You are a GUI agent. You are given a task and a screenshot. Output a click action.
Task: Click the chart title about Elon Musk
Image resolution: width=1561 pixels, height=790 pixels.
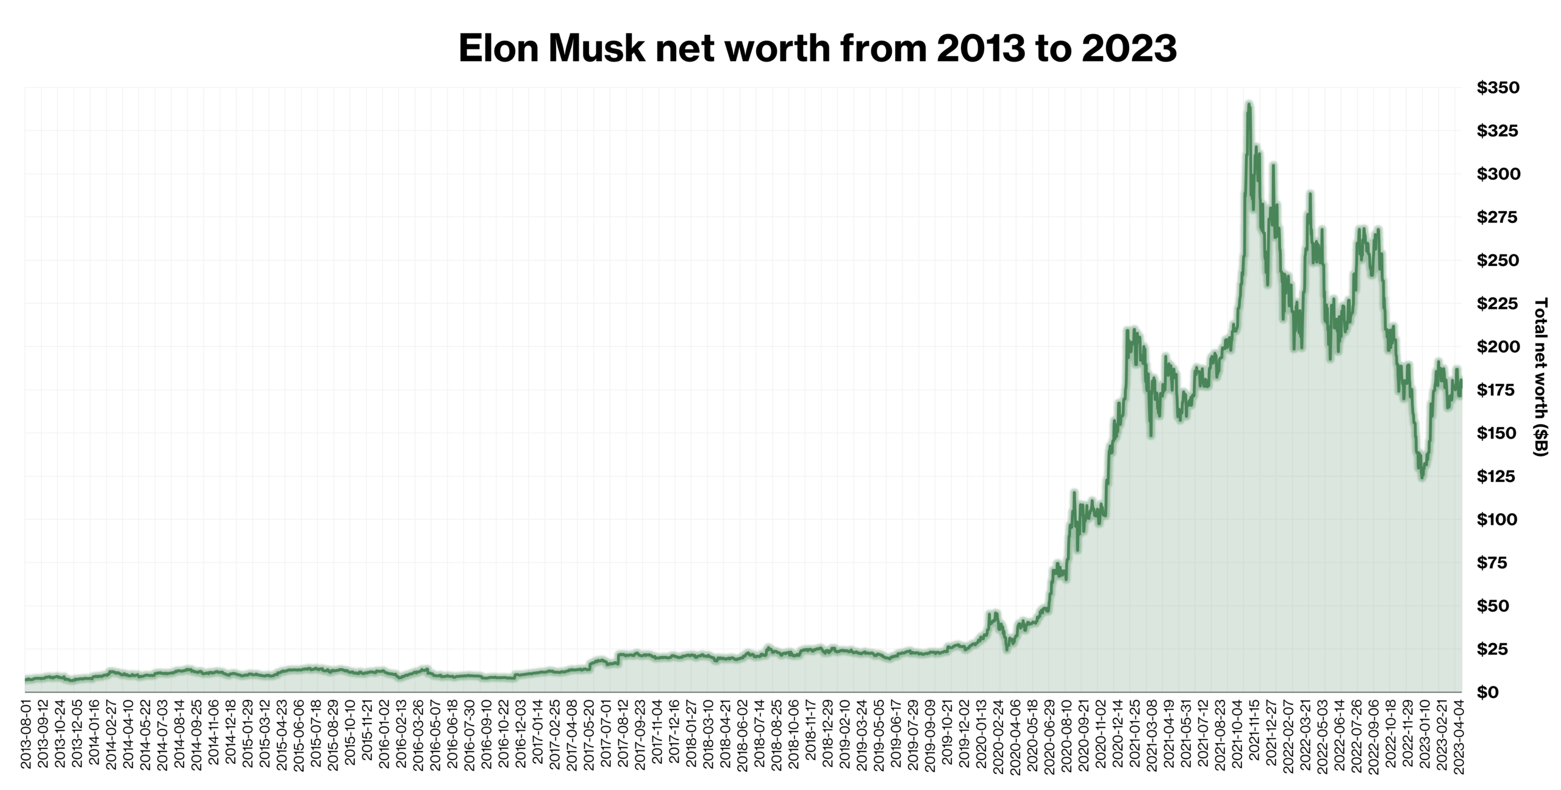(817, 48)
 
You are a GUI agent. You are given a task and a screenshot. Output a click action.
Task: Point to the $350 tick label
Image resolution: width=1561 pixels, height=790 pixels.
(1498, 88)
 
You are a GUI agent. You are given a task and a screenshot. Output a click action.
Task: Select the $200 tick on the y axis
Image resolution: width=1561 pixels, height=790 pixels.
(1498, 347)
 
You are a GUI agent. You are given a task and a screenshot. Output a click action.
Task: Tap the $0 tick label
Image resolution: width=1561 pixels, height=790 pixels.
(1488, 692)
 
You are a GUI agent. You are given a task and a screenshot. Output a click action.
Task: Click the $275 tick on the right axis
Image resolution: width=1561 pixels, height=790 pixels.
(1498, 217)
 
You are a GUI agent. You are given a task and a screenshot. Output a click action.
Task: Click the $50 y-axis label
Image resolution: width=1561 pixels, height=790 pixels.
(1493, 606)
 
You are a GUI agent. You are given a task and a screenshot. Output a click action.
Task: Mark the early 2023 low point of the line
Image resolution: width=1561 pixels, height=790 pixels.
(1422, 478)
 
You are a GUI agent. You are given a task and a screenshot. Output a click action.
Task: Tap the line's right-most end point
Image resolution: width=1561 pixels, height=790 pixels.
(1461, 381)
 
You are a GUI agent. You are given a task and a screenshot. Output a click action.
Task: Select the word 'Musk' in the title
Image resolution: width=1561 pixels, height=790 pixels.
(596, 48)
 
